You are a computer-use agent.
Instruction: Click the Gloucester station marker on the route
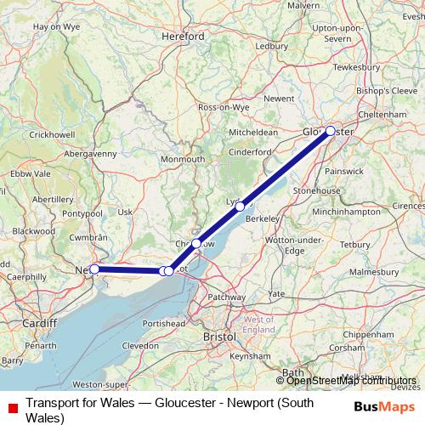(330, 131)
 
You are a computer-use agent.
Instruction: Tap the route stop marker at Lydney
(241, 206)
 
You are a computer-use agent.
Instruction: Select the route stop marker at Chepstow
(196, 243)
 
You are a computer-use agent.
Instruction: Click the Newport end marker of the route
(95, 269)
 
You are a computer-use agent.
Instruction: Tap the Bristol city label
(219, 337)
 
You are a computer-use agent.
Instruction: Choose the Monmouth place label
(183, 159)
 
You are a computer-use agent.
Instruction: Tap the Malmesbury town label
(378, 271)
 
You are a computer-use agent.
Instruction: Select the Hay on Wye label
(55, 26)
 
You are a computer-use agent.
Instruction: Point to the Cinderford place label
(251, 151)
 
